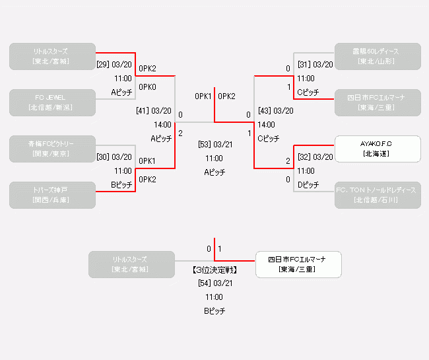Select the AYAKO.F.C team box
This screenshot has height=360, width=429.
(x=378, y=149)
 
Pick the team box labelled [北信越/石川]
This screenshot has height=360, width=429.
(x=378, y=195)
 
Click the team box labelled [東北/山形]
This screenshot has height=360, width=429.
(x=378, y=56)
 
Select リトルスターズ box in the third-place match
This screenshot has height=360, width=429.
(x=132, y=264)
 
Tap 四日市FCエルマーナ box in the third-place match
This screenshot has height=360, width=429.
(x=298, y=264)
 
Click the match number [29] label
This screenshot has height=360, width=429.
(x=103, y=65)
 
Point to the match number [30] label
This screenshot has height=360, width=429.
(x=103, y=157)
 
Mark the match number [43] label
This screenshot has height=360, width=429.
(x=265, y=111)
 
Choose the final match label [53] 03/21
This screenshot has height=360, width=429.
(x=214, y=144)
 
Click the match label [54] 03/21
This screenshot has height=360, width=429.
(x=214, y=283)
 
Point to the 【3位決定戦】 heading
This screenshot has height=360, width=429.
(x=214, y=270)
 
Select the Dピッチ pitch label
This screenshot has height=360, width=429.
(x=308, y=185)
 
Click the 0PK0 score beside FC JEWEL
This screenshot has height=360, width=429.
(x=147, y=87)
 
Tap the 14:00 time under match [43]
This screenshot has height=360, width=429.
(x=267, y=124)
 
